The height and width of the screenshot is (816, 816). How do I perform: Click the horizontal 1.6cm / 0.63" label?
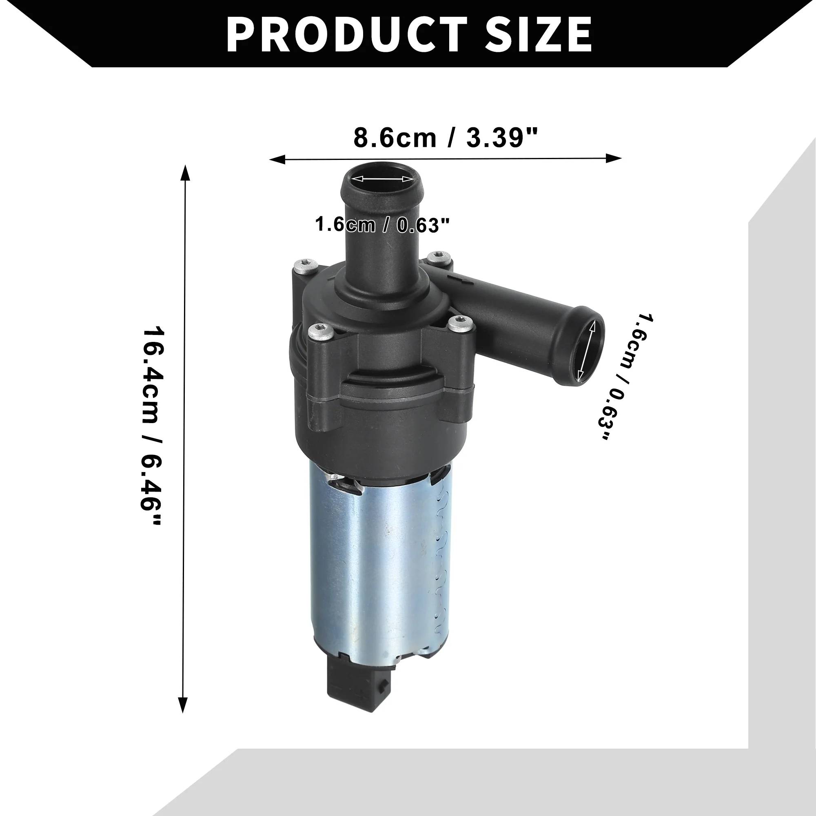(x=382, y=224)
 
